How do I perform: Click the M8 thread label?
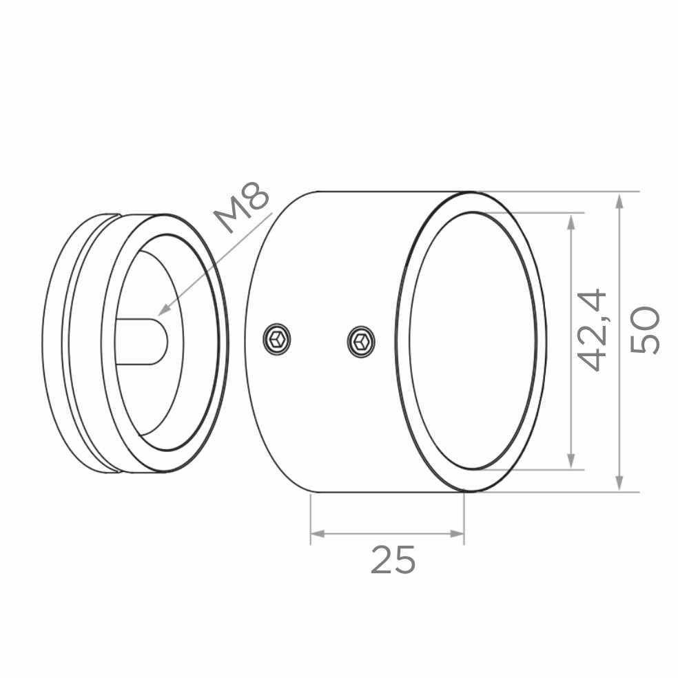pyautogui.click(x=242, y=207)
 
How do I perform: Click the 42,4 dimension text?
pyautogui.click(x=593, y=330)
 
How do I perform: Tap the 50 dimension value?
pyautogui.click(x=645, y=330)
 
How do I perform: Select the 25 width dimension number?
pyautogui.click(x=393, y=559)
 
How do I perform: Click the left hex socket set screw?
pyautogui.click(x=277, y=338)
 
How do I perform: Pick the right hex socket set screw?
pyautogui.click(x=361, y=342)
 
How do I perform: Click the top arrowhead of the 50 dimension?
pyautogui.click(x=619, y=201)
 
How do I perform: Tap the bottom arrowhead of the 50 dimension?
pyautogui.click(x=619, y=482)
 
